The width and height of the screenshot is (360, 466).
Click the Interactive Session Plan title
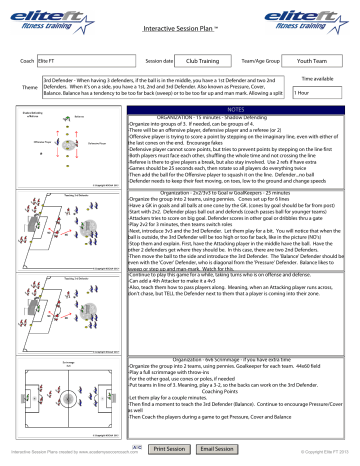pos(181,31)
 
